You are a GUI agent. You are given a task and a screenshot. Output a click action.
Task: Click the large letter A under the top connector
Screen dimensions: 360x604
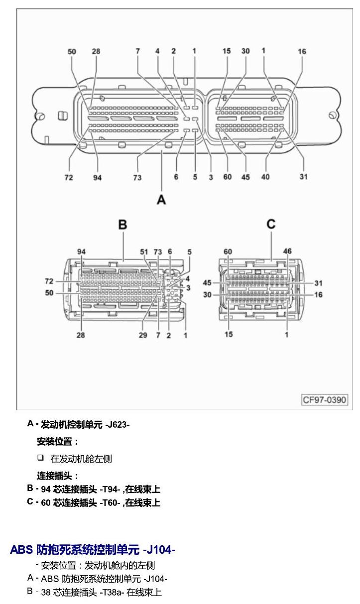tap(161, 200)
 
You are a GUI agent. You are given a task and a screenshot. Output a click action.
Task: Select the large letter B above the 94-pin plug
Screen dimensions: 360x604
tap(122, 225)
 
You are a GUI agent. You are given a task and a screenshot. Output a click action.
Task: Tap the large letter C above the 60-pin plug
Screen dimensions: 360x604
tap(271, 224)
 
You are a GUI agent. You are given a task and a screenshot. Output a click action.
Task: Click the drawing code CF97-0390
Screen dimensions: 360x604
tap(325, 400)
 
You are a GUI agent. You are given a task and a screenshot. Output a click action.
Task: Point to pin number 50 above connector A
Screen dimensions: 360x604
tap(72, 51)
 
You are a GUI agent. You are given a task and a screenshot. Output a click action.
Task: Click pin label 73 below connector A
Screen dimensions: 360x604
tap(137, 177)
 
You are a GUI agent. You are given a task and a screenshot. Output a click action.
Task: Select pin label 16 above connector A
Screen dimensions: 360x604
tap(302, 51)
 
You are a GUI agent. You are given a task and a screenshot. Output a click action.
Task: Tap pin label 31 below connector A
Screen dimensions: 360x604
tap(304, 177)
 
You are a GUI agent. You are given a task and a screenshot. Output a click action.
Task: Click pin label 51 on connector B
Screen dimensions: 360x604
tap(144, 252)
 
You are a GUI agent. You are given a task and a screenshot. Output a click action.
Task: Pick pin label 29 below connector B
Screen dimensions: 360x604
tap(143, 335)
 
